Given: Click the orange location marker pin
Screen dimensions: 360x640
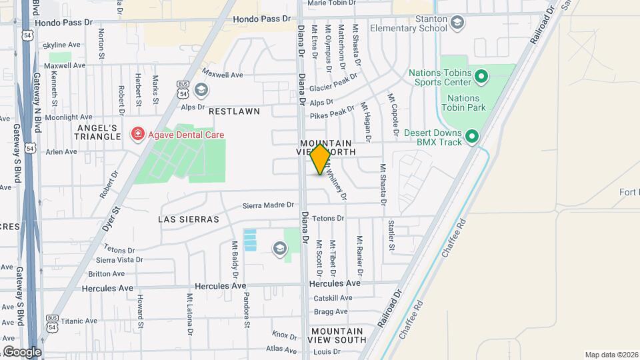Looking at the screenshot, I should (x=321, y=159).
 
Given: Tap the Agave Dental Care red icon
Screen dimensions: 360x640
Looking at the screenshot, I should (x=138, y=134).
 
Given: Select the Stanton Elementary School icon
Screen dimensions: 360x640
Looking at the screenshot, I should (x=457, y=25).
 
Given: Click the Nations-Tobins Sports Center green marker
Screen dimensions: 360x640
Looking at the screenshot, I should (x=481, y=80).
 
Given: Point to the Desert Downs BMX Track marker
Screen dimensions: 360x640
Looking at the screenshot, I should (x=472, y=136).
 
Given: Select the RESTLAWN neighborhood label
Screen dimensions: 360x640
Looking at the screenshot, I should (x=234, y=111).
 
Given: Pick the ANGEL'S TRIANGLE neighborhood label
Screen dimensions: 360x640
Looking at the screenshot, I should (x=97, y=132).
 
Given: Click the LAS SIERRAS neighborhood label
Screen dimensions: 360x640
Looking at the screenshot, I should (x=189, y=219).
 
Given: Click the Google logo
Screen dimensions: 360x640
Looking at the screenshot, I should (x=22, y=351).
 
